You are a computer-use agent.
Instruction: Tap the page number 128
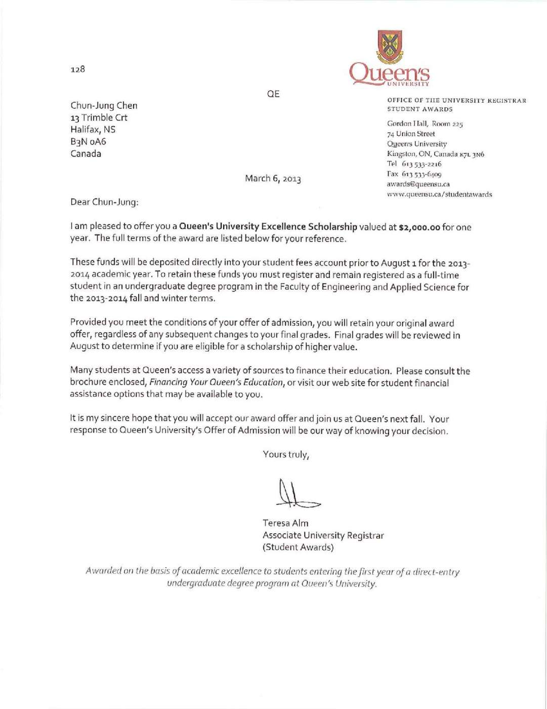pyautogui.click(x=78, y=69)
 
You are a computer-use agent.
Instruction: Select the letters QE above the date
pyautogui.click(x=273, y=94)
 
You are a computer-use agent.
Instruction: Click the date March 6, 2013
pyautogui.click(x=273, y=179)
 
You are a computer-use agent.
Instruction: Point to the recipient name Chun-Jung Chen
pyautogui.click(x=104, y=106)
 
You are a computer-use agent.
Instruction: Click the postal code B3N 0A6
pyautogui.click(x=88, y=142)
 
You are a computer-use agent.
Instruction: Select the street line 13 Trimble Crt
pyautogui.click(x=99, y=117)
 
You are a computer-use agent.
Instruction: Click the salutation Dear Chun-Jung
pyautogui.click(x=104, y=202)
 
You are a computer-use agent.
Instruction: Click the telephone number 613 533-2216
pyautogui.click(x=422, y=164)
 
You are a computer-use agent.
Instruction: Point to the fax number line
pyautogui.click(x=414, y=174)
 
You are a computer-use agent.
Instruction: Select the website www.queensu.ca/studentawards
pyautogui.click(x=439, y=194)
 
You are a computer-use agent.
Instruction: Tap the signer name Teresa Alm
pyautogui.click(x=285, y=523)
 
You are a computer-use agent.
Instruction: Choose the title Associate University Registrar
pyautogui.click(x=323, y=535)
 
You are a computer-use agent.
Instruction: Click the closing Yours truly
pyautogui.click(x=286, y=454)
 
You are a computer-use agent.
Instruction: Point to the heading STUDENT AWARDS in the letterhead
pyautogui.click(x=420, y=109)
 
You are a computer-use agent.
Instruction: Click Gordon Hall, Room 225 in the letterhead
pyautogui.click(x=425, y=124)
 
